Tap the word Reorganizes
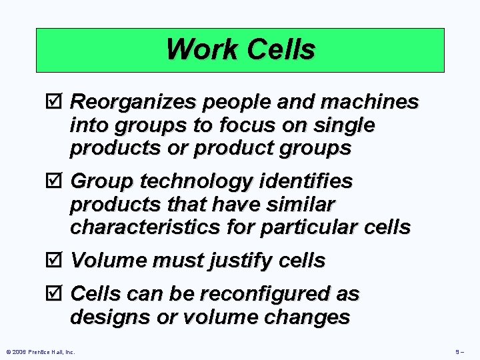tap(128, 102)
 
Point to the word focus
tap(241, 125)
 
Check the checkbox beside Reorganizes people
tap(56, 102)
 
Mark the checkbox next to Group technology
tap(56, 181)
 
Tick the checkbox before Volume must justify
tap(56, 260)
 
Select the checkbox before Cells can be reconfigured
tap(56, 293)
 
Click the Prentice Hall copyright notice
tap(41, 351)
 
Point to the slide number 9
tap(458, 351)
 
